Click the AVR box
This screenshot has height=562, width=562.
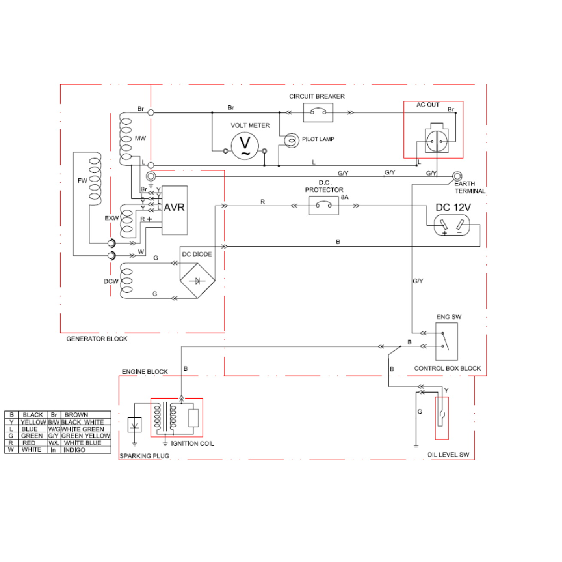[175, 210]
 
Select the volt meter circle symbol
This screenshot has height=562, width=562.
[245, 146]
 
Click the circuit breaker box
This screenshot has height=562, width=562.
[318, 113]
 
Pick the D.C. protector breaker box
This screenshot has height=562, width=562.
[324, 206]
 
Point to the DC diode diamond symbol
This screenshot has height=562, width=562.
[197, 281]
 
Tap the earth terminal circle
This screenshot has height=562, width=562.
[457, 176]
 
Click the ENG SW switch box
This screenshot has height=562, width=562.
[446, 342]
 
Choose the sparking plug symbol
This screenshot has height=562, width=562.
[135, 425]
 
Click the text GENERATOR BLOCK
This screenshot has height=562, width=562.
[97, 339]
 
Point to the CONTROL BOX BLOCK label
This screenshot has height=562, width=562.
[447, 368]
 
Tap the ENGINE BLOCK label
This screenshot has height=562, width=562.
[145, 372]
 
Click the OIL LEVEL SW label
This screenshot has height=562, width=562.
[448, 455]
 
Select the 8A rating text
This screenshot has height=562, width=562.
[345, 197]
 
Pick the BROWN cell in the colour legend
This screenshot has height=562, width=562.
[76, 415]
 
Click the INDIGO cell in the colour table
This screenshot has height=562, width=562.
[74, 450]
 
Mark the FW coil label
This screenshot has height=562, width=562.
[82, 180]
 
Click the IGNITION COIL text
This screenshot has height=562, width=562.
[192, 443]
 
